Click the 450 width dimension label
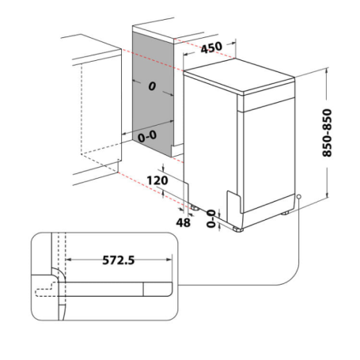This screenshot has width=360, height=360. tap(210, 47)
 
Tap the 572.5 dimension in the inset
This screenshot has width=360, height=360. tap(116, 259)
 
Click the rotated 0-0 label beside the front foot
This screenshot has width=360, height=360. tap(210, 219)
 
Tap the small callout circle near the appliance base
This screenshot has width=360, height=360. tap(300, 197)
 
